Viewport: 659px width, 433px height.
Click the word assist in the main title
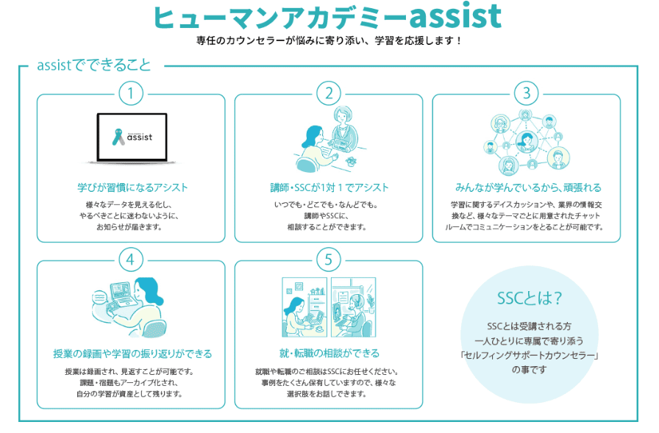446,17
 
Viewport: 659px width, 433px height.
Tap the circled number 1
131,93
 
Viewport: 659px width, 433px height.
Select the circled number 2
329,93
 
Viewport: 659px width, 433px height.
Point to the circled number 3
526,93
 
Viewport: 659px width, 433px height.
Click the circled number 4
131,259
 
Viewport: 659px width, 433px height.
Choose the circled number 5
329,259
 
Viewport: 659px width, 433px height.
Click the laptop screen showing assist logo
132,136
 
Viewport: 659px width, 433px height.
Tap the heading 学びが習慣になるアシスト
131,187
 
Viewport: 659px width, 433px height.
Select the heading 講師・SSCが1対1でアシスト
329,187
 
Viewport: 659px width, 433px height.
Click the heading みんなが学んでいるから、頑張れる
526,187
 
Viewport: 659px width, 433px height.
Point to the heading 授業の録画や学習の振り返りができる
132,354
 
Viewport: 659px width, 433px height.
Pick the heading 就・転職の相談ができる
329,354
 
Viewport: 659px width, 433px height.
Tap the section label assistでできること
93,65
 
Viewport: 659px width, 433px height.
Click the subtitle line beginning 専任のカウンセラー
329,40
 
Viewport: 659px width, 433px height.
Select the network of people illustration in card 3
526,140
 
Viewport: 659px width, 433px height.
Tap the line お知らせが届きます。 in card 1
131,227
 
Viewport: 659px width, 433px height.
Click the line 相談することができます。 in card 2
329,227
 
